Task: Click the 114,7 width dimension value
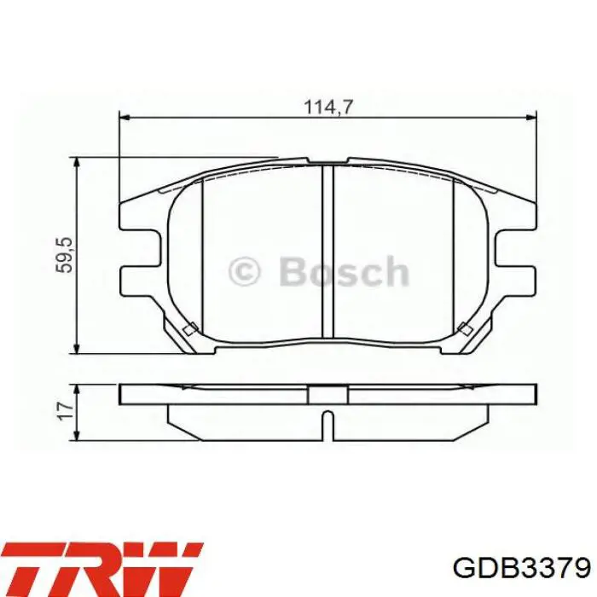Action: tap(328, 107)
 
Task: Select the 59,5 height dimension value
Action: tap(64, 255)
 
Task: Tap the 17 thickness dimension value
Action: tap(66, 410)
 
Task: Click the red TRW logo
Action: tap(100, 569)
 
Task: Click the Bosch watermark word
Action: tap(345, 271)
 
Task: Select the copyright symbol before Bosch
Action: tap(245, 271)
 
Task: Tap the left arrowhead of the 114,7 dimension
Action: tap(125, 118)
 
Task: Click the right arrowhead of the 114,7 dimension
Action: tap(530, 118)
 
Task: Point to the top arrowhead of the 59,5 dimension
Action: tap(78, 163)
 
